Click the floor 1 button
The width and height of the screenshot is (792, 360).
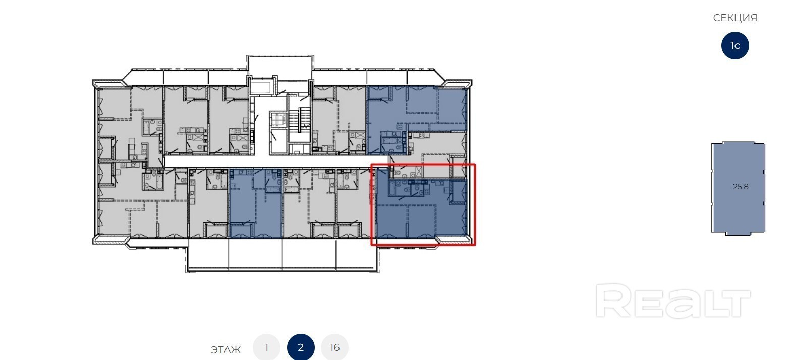click(266, 347)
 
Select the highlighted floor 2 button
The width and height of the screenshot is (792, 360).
click(301, 347)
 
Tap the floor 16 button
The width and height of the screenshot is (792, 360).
click(335, 347)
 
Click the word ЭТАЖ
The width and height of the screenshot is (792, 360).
click(225, 350)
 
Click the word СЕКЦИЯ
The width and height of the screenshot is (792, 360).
click(735, 18)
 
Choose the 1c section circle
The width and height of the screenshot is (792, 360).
click(735, 45)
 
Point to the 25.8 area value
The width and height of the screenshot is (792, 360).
click(741, 186)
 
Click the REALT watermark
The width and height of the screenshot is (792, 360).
click(673, 301)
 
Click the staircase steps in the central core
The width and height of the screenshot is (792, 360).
click(300, 120)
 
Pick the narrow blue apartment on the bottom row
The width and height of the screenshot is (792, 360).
click(256, 203)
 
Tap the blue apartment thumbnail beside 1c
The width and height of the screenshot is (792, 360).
click(738, 188)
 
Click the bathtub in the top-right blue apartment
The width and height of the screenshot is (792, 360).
click(391, 141)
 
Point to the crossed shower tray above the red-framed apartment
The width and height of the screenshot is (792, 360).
click(419, 172)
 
